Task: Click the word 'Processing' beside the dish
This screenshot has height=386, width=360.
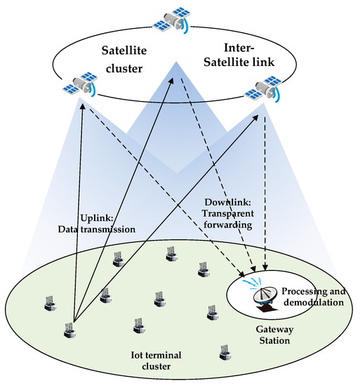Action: tap(306, 291)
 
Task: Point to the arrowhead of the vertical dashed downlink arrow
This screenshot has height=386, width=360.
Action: tap(266, 267)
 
